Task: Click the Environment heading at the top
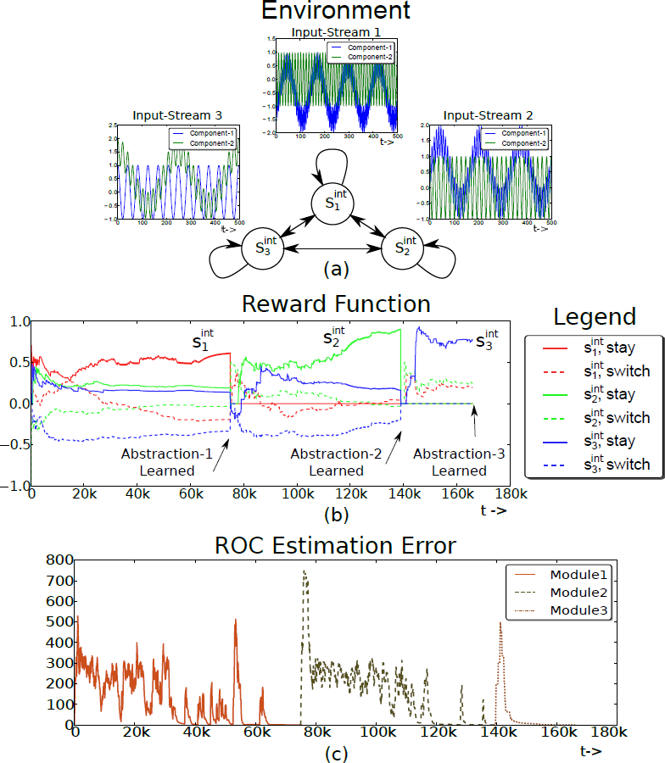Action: pos(335,11)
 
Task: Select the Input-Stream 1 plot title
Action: pos(336,32)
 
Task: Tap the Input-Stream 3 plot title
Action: pos(175,116)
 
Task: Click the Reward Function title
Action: pos(336,304)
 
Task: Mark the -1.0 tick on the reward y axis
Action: pos(16,487)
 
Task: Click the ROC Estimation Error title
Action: pos(336,546)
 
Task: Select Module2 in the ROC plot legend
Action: pos(574,591)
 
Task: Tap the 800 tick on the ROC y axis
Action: pos(58,560)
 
